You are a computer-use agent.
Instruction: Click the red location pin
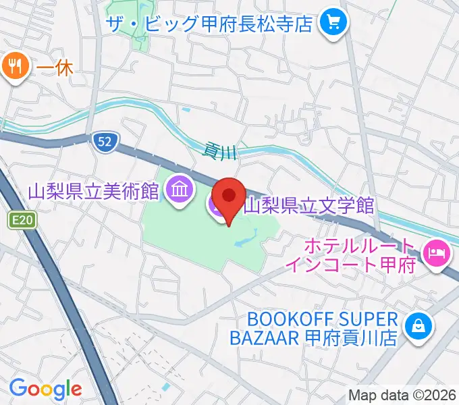[230, 196]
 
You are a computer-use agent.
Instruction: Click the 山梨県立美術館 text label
[94, 192]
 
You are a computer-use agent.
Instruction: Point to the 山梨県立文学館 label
[308, 205]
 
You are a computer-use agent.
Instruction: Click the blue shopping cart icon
[332, 24]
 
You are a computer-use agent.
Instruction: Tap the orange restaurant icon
[14, 66]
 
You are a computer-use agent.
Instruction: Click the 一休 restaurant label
[54, 67]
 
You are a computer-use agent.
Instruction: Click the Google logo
[45, 388]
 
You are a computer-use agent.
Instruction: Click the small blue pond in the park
[244, 237]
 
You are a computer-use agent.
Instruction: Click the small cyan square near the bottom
[166, 387]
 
